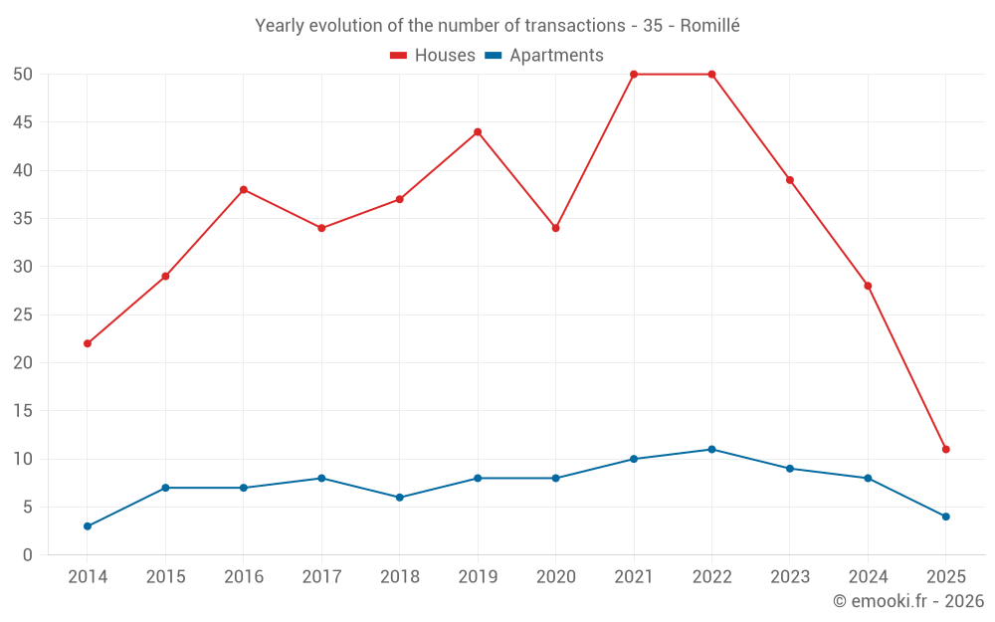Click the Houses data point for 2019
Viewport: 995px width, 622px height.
coord(478,131)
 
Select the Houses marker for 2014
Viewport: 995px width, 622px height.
coord(88,343)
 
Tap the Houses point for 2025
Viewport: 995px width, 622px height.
coord(946,449)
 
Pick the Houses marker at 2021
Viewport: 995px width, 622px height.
coord(634,74)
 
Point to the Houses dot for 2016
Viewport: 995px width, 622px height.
coord(244,189)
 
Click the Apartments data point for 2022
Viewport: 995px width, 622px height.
coord(711,449)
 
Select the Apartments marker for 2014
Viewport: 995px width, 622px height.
coord(88,526)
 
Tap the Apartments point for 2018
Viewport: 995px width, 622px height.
coord(400,498)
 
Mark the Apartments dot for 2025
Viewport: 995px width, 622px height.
coord(946,517)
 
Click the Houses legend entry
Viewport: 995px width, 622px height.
coord(433,56)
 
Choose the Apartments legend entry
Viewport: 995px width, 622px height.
coord(544,56)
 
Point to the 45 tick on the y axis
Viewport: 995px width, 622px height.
coord(23,122)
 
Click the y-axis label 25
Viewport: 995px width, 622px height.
coord(23,314)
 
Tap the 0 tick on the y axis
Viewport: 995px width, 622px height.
coord(28,555)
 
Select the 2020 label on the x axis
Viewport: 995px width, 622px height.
coord(555,577)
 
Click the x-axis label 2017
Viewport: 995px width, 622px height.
coord(321,577)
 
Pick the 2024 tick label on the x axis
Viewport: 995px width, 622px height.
coord(868,577)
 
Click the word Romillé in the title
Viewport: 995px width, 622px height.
coord(709,26)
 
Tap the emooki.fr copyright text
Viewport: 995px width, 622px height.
coord(908,601)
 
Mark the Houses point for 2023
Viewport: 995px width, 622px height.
coord(790,180)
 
